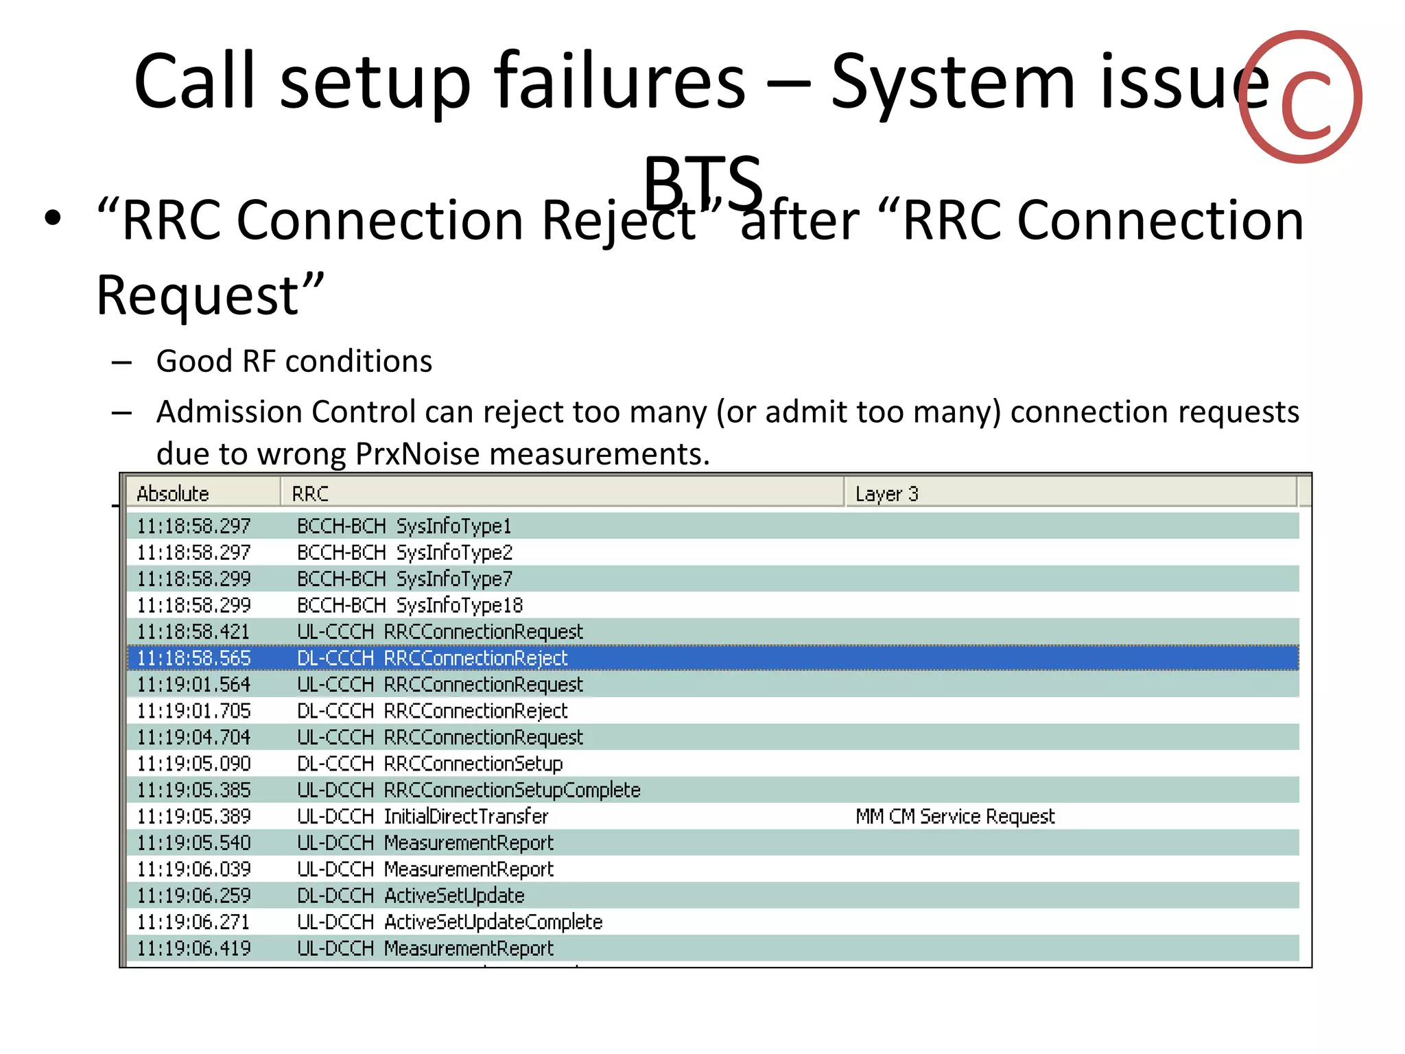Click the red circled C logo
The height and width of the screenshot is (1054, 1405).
click(x=1301, y=97)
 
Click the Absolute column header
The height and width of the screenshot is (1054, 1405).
click(x=173, y=493)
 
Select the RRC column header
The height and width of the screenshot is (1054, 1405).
click(x=310, y=493)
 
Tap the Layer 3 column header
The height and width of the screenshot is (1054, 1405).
click(x=886, y=493)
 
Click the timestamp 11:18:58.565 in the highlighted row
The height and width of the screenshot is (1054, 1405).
click(x=194, y=658)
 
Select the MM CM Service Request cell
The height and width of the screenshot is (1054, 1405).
click(x=955, y=817)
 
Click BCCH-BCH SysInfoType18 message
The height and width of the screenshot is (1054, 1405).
click(x=410, y=605)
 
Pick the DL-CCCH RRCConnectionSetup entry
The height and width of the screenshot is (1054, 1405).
click(x=429, y=764)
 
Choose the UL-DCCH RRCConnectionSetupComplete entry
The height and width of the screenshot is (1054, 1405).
click(x=469, y=790)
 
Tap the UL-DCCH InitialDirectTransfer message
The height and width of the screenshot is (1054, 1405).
click(x=423, y=817)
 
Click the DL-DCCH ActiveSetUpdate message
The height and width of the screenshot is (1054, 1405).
click(x=410, y=895)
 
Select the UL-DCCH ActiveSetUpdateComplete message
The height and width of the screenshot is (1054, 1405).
click(x=449, y=922)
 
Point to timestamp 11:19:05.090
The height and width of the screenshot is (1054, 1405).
click(x=194, y=764)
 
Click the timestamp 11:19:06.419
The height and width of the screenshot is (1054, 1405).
click(x=194, y=948)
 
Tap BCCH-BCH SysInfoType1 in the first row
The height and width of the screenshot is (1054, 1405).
click(x=404, y=526)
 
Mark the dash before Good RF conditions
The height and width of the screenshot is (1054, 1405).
click(x=121, y=362)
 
